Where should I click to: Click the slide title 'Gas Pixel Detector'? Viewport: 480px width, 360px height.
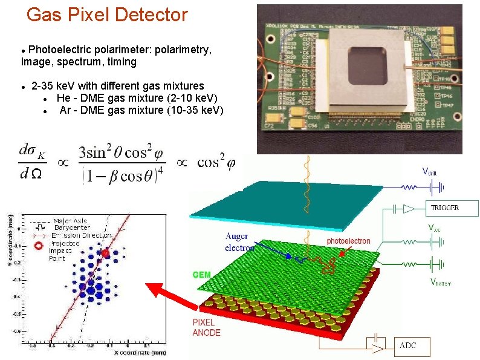pyautogui.click(x=108, y=15)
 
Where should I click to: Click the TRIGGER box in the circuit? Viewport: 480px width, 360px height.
pyautogui.click(x=452, y=208)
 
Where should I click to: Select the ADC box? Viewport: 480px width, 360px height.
pyautogui.click(x=414, y=346)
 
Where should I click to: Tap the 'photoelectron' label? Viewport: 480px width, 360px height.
pyautogui.click(x=348, y=241)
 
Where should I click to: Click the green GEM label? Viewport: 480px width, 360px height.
pyautogui.click(x=201, y=275)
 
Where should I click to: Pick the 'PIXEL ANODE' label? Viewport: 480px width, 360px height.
pyautogui.click(x=207, y=327)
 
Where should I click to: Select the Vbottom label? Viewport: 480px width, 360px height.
pyautogui.click(x=441, y=281)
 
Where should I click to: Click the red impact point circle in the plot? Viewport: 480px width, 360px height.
pyautogui.click(x=106, y=254)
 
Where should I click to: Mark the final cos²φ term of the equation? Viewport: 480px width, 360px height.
pyautogui.click(x=216, y=162)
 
